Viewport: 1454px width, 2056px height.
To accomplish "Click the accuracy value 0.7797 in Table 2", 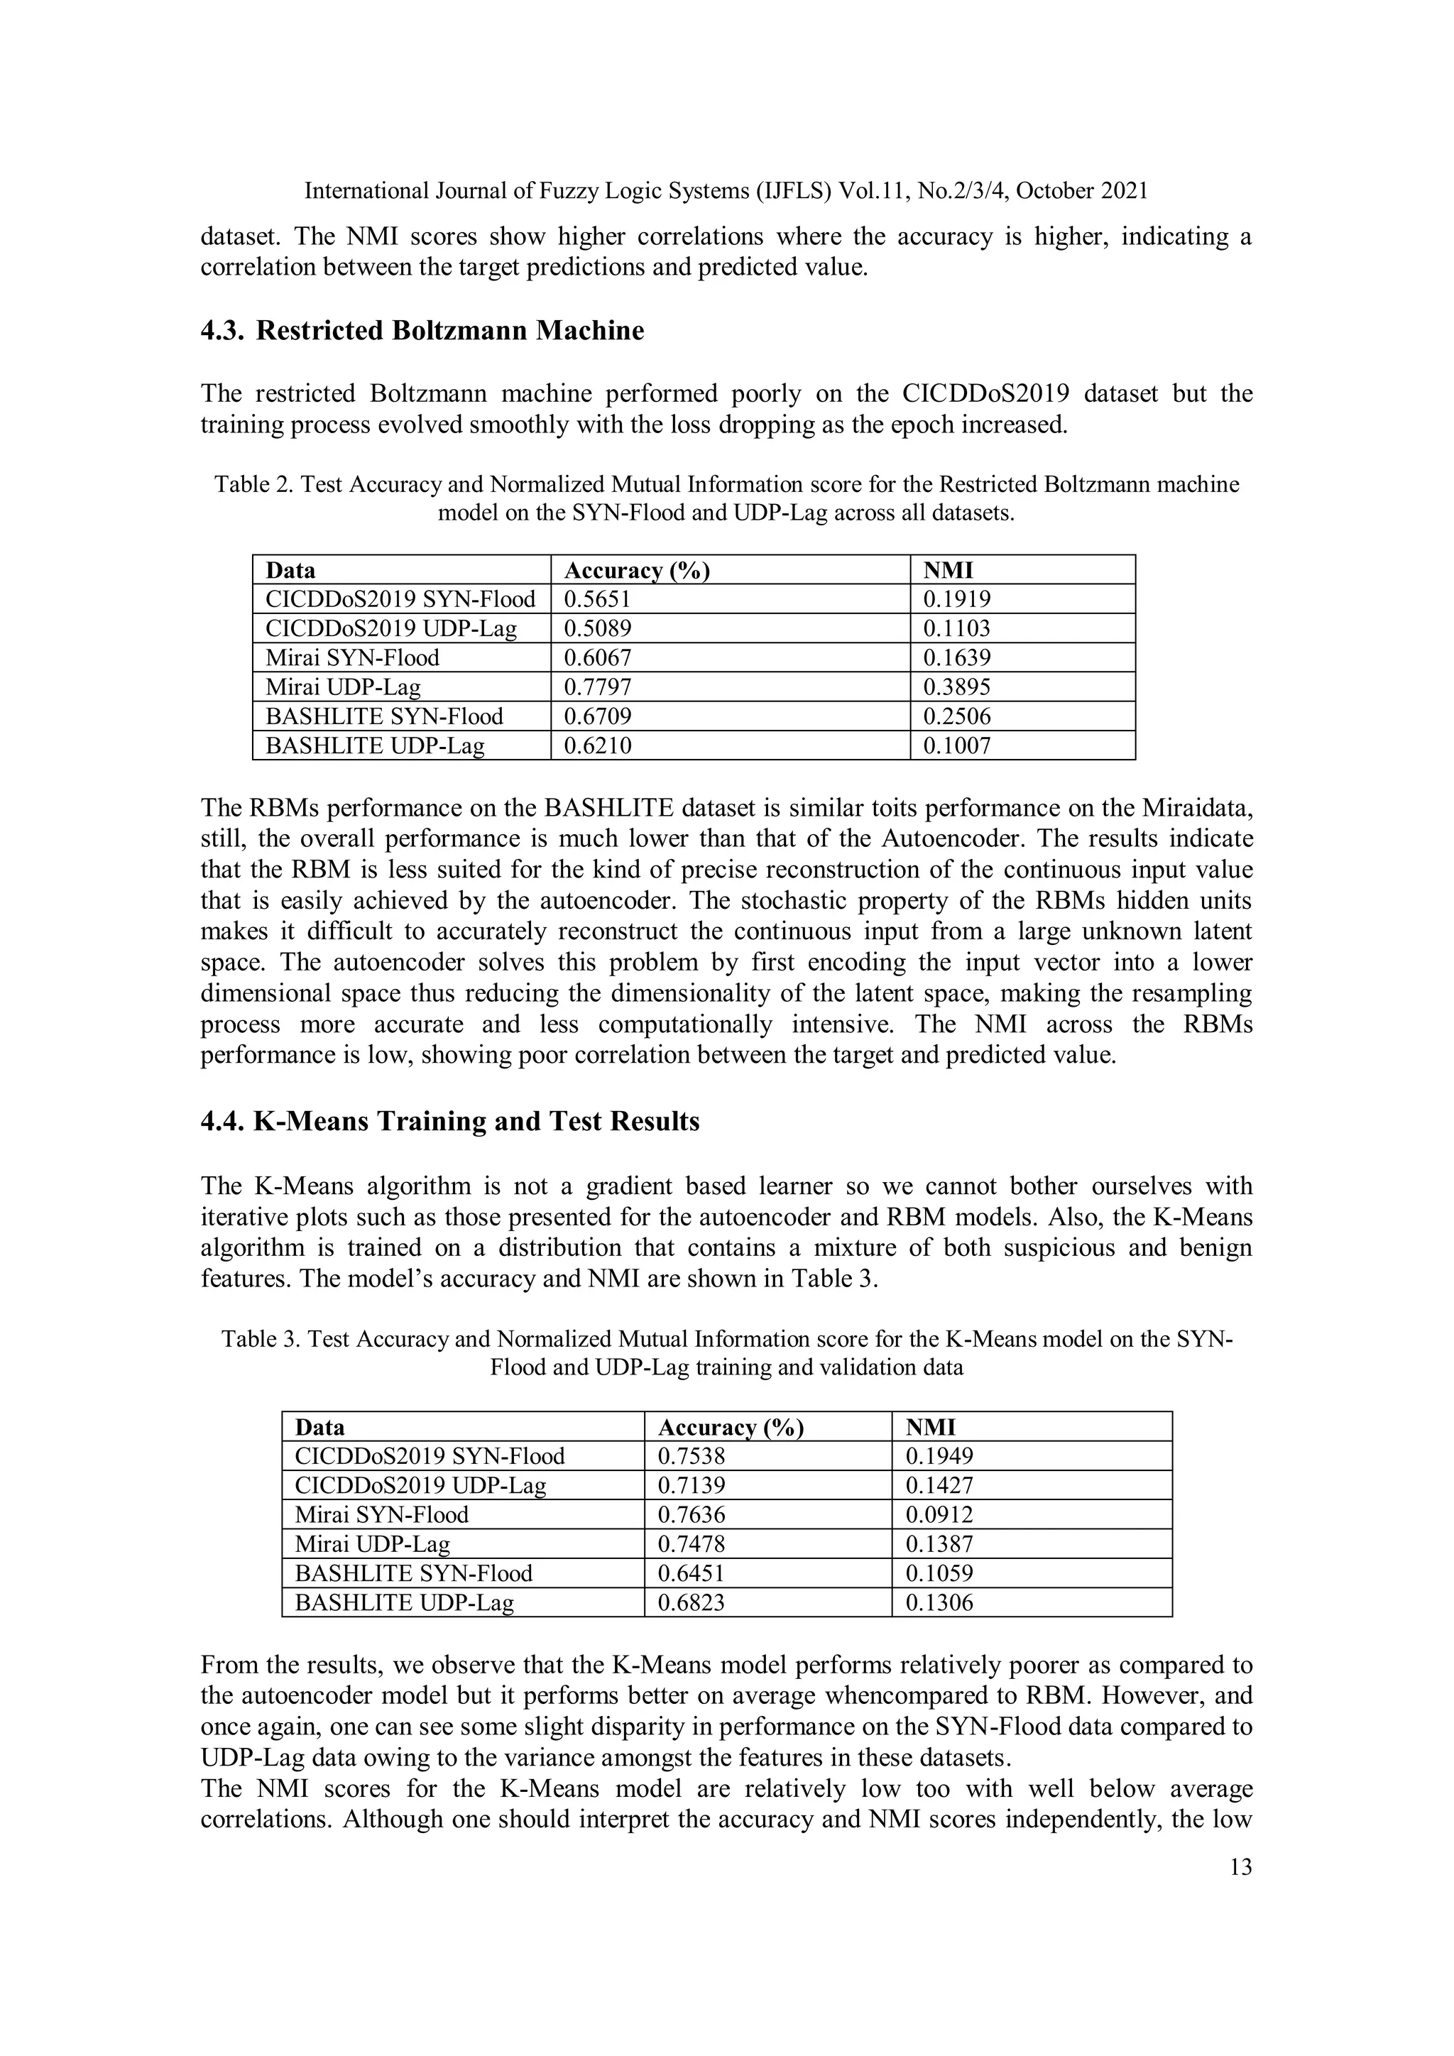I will tap(597, 687).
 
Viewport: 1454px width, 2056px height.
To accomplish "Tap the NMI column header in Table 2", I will tap(947, 570).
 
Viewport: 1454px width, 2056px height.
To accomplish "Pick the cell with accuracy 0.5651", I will tap(597, 599).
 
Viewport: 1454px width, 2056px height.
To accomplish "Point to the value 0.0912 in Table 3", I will tap(939, 1514).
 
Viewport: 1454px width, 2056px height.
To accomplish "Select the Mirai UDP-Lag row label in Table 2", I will tap(343, 687).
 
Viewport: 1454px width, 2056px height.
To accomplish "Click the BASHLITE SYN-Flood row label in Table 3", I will tap(414, 1573).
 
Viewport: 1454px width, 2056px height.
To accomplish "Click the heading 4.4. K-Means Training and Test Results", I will tap(449, 1121).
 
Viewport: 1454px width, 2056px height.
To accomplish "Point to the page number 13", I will tap(1241, 1867).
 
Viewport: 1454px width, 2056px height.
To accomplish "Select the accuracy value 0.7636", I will tap(692, 1514).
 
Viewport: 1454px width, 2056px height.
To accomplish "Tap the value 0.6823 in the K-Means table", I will tap(692, 1602).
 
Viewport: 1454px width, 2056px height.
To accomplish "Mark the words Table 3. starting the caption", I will tap(261, 1339).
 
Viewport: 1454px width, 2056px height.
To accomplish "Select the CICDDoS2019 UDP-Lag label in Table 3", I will tap(420, 1486).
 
